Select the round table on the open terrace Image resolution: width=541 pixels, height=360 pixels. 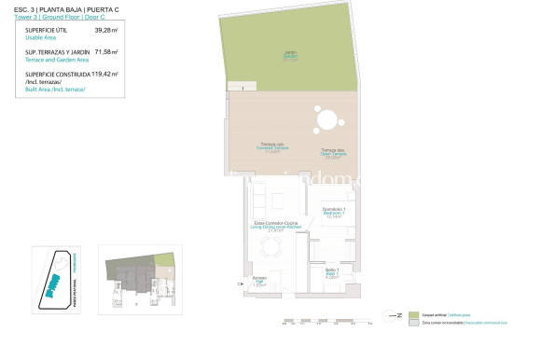coord(326,120)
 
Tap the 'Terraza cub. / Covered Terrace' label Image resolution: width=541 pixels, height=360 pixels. coord(272,147)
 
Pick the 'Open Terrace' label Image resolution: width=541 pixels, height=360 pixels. coord(333,155)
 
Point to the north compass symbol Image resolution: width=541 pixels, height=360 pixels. coord(393,316)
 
